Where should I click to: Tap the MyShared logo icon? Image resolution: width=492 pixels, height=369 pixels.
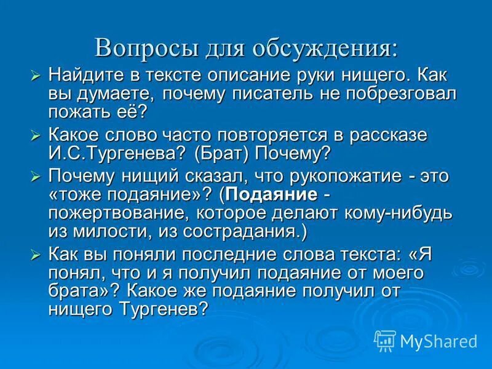[386, 340]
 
